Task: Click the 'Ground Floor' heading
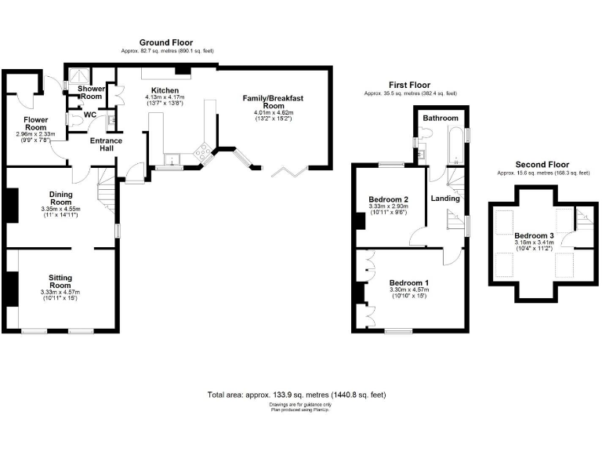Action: click(x=166, y=42)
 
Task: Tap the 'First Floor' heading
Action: click(x=410, y=85)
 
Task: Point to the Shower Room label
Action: click(x=91, y=93)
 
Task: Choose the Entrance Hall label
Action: click(x=105, y=145)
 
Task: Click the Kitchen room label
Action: click(x=165, y=91)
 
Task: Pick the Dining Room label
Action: click(x=60, y=199)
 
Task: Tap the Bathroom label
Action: click(x=440, y=118)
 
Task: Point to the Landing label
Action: click(x=445, y=199)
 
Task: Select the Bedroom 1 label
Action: click(x=409, y=282)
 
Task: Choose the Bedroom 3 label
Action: click(x=534, y=235)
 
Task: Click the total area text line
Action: click(x=296, y=395)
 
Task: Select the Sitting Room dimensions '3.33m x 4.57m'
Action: click(x=60, y=293)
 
